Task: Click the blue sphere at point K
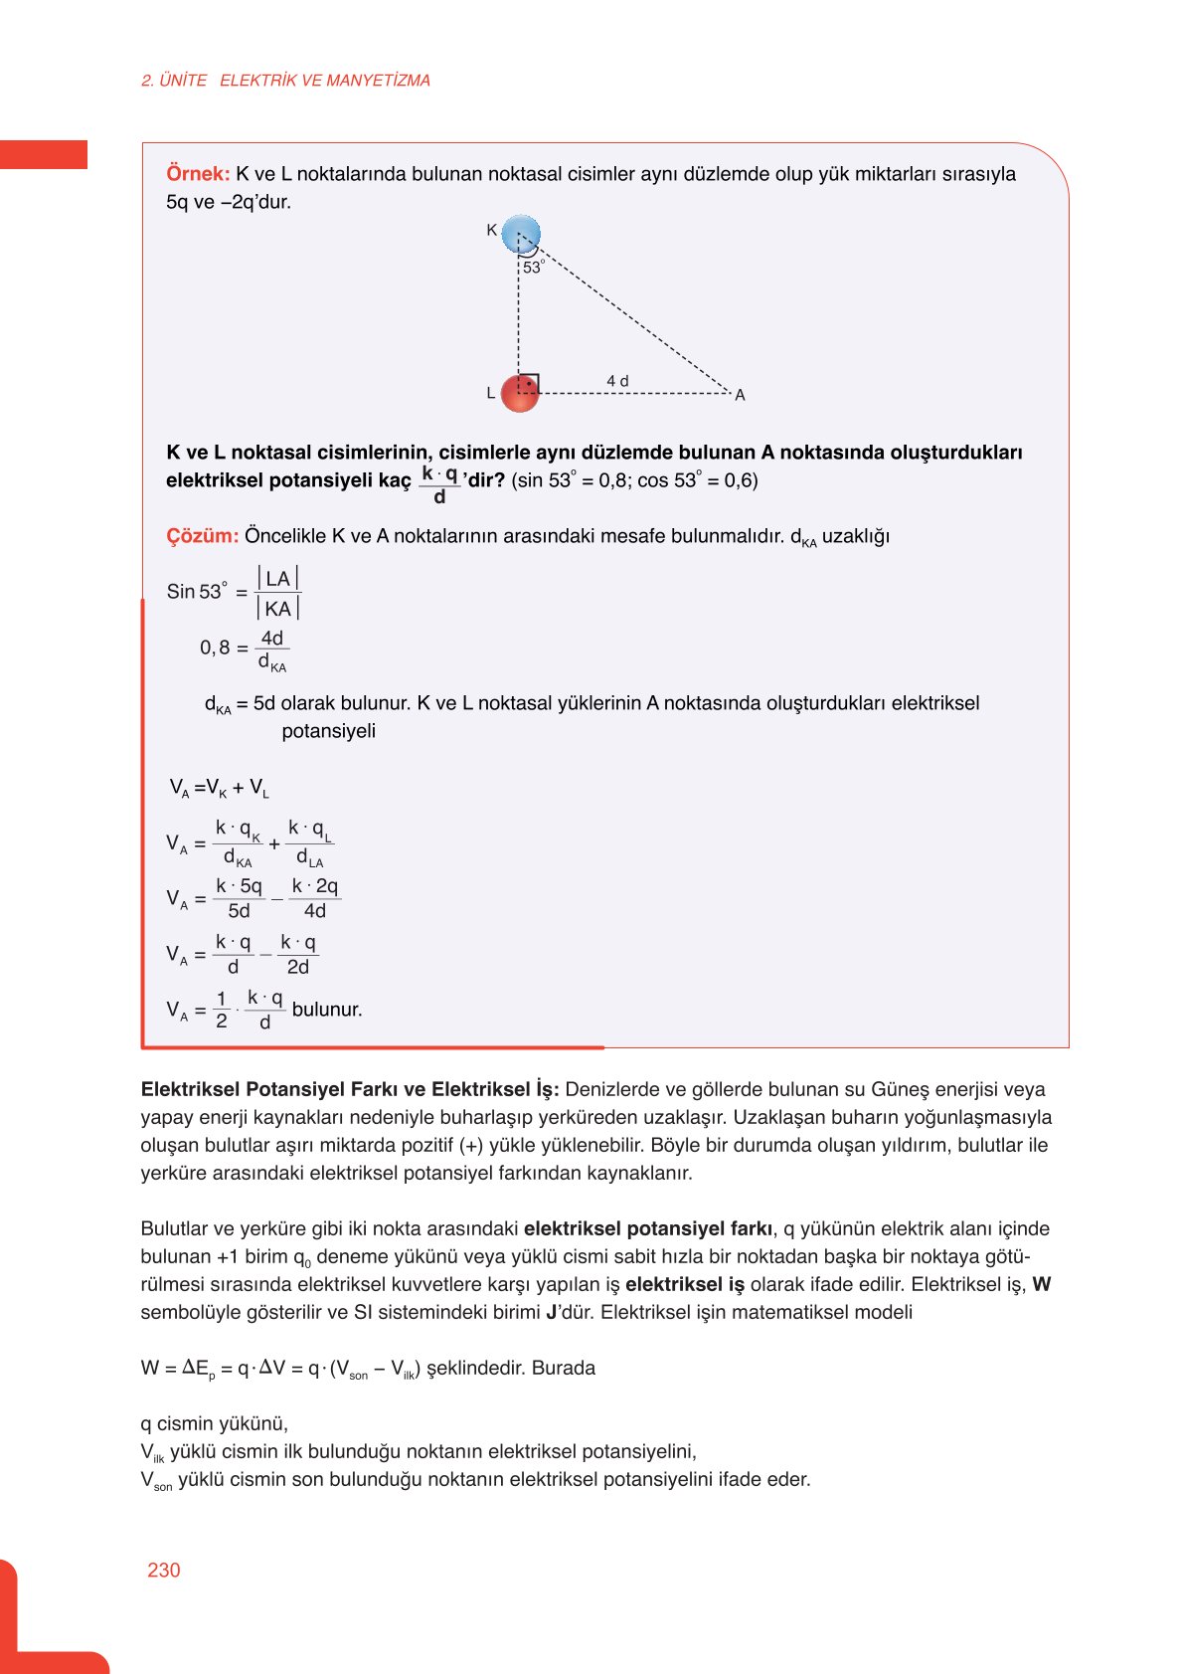click(x=520, y=235)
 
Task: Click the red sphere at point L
click(x=519, y=393)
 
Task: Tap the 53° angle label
click(x=534, y=268)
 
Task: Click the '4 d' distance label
click(x=617, y=381)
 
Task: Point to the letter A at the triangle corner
click(x=740, y=396)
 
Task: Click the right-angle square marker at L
click(x=530, y=383)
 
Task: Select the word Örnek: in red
click(x=198, y=174)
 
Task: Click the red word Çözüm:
click(x=202, y=536)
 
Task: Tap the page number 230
click(x=164, y=1570)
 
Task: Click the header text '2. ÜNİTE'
click(x=174, y=81)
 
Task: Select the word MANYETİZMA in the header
click(x=378, y=81)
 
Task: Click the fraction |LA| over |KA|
click(x=277, y=594)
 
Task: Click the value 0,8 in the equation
click(x=215, y=649)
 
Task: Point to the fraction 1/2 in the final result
click(x=222, y=1010)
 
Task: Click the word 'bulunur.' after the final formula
click(x=327, y=1010)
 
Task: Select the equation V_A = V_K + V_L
click(x=219, y=789)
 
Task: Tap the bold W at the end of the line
click(x=1041, y=1284)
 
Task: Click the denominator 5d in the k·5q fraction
click(x=239, y=911)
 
